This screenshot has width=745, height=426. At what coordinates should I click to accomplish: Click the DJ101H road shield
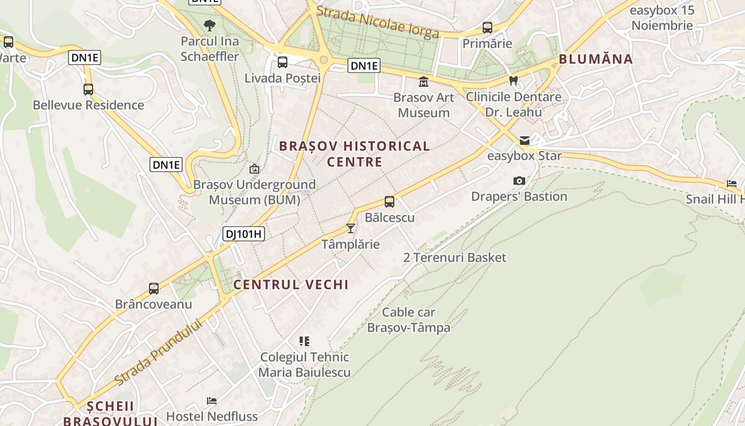point(244,233)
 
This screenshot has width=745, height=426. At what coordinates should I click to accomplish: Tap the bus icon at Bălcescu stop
point(390,202)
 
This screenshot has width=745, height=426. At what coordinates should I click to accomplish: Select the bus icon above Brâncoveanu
point(154,289)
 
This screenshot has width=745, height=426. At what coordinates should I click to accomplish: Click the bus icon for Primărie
point(487,28)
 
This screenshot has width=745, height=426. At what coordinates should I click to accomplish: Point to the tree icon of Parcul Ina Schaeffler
point(210,25)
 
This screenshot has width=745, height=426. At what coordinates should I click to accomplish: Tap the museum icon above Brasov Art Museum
point(424,82)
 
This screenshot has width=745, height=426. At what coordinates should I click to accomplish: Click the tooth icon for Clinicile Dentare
point(514,81)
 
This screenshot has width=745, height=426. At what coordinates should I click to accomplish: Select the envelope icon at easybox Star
point(525,141)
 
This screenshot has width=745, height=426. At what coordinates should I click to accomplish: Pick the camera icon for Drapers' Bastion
point(519,181)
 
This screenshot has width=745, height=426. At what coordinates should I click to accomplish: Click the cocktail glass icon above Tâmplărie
point(350,228)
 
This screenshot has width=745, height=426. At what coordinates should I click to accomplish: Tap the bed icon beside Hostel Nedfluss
point(212,400)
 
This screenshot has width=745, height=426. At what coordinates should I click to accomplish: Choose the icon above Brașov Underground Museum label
point(254,169)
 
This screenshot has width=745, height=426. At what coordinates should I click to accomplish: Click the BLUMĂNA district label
point(596,59)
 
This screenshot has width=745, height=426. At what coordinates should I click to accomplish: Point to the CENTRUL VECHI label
point(291,284)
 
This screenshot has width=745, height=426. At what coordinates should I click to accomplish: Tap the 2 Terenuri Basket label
point(455,258)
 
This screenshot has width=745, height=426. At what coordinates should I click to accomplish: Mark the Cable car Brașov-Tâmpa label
point(409,320)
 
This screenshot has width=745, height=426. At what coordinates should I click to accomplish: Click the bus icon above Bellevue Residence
point(88,89)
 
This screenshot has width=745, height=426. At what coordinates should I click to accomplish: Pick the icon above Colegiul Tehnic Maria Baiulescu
point(304,341)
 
